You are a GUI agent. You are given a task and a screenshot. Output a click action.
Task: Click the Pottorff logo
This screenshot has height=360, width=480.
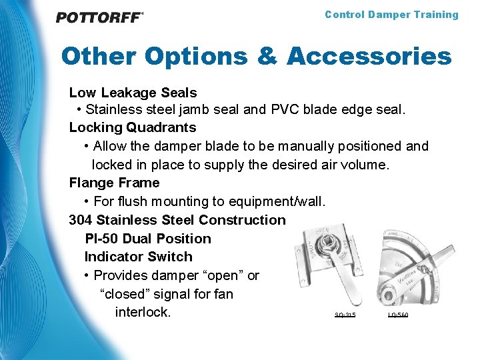pyautogui.click(x=99, y=17)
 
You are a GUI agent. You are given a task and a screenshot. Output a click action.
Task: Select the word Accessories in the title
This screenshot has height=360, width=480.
pyautogui.click(x=369, y=57)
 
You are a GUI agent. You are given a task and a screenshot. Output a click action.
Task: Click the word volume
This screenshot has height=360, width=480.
pyautogui.click(x=363, y=164)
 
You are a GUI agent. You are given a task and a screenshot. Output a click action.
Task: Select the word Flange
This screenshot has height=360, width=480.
pyautogui.click(x=90, y=183)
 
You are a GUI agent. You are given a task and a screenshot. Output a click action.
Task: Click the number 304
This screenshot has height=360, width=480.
pyautogui.click(x=81, y=220)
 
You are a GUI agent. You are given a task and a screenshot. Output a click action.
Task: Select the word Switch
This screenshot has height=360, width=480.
pyautogui.click(x=169, y=257)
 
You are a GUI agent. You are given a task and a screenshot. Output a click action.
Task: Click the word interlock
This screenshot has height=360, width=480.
pyautogui.click(x=143, y=312)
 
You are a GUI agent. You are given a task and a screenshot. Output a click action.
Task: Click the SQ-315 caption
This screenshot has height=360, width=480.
pyautogui.click(x=345, y=315)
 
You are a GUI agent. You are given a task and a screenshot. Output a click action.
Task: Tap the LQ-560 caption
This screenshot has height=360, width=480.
pyautogui.click(x=398, y=315)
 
